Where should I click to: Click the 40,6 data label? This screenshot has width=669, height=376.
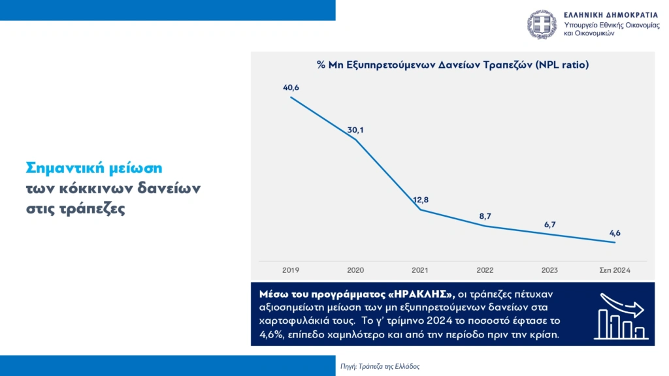point(291,87)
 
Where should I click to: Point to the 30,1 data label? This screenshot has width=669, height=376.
point(355,130)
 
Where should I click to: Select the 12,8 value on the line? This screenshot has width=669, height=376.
point(420,200)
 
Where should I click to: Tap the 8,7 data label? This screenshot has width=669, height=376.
point(485,215)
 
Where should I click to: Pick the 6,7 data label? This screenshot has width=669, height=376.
point(549,225)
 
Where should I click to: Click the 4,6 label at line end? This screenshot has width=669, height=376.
point(615,232)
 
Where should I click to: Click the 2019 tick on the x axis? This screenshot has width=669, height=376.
point(291,270)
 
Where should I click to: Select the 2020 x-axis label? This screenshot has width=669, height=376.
point(355,270)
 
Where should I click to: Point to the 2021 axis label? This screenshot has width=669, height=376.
point(420,270)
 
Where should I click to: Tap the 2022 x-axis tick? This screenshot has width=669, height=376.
point(485,270)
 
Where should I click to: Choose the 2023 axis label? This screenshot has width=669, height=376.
point(549,270)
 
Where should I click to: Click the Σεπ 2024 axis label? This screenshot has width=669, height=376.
point(615,270)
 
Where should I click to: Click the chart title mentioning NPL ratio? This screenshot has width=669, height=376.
point(453,65)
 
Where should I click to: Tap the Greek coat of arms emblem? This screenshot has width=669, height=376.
point(542,24)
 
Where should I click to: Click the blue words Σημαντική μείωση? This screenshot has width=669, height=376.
point(93,167)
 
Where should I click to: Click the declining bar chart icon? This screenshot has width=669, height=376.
point(621,315)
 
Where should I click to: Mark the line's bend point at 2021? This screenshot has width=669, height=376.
point(420,210)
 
